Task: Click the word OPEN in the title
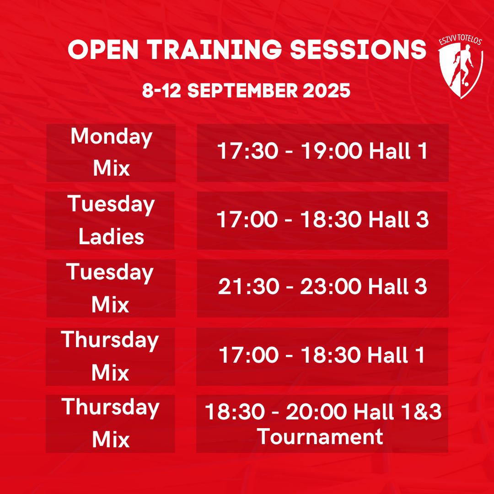(103, 50)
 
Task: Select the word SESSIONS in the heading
(358, 50)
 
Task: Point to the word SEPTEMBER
(242, 91)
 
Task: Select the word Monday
(112, 137)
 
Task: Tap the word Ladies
(111, 236)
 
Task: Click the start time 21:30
(248, 287)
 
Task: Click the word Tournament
(320, 436)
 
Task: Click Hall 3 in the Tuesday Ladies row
(398, 219)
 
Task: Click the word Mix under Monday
(111, 168)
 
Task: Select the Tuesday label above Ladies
(111, 205)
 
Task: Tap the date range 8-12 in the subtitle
(161, 91)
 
